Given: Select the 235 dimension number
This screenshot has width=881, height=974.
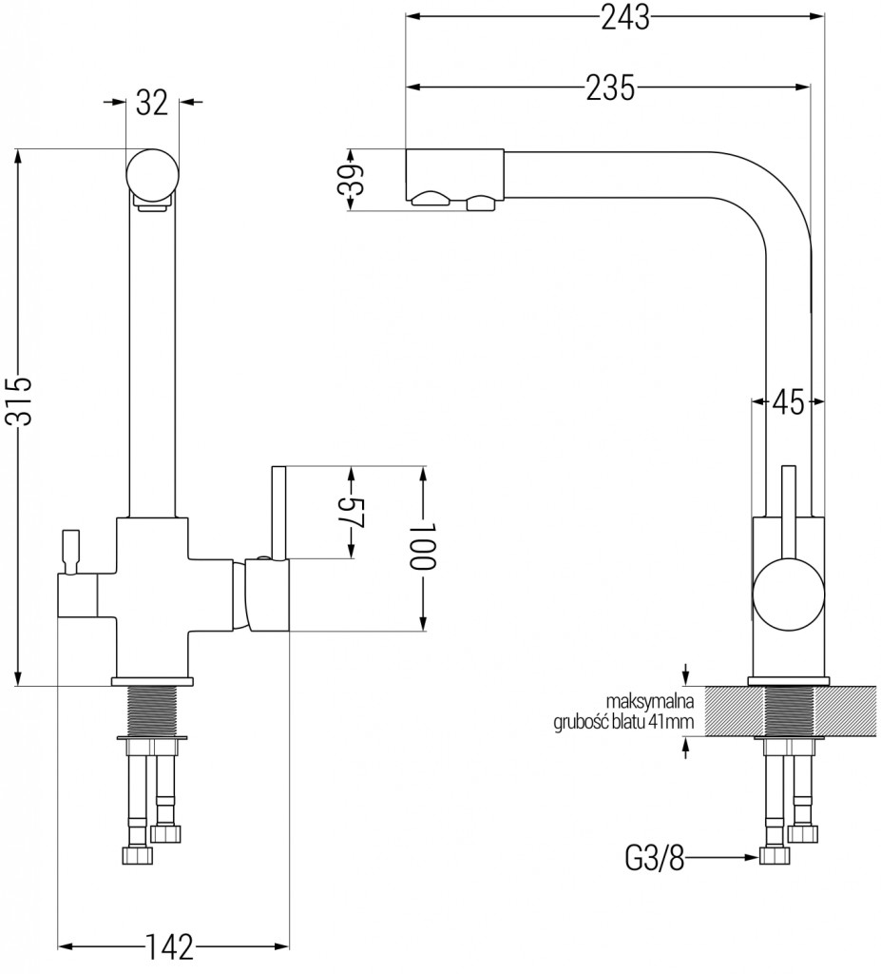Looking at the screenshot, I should point(608,88).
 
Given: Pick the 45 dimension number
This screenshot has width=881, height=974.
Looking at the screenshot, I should point(788,402).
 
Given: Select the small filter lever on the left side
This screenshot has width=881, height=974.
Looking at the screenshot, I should point(69,552).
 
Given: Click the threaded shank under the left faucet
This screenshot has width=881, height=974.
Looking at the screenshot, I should point(153,710).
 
